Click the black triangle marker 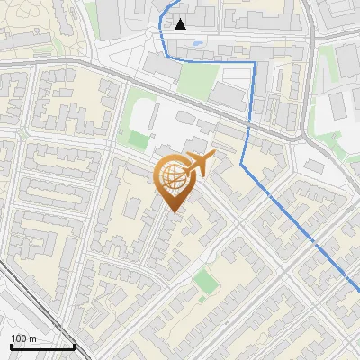pos(181,24)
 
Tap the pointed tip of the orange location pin pos(173,211)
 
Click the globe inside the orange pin pos(172,177)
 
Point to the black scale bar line pos(42,346)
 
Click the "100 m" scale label pos(23,337)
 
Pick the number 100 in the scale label pos(19,337)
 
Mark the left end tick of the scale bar pos(11,345)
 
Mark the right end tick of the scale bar pos(74,345)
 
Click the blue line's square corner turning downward pos(256,64)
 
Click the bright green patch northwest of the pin pos(138,139)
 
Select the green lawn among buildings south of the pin pos(206,281)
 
